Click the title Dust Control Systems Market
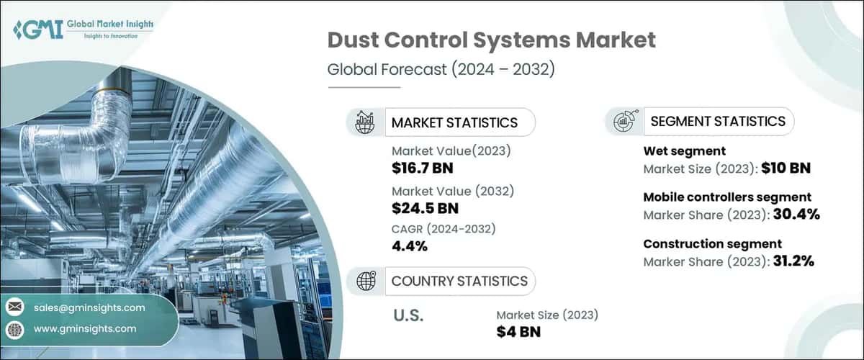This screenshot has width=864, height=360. coord(491,40)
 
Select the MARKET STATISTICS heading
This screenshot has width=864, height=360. coord(454,122)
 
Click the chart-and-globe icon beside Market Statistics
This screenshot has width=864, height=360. coord(364,122)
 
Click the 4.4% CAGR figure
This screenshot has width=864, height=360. coord(410,247)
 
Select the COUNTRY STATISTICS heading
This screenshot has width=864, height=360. coord(459,281)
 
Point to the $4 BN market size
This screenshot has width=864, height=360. coord(518,331)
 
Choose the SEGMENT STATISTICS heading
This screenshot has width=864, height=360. coord(717,122)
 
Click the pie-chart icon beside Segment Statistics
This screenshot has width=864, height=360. coord(624,122)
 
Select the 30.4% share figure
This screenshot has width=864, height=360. coord(792,215)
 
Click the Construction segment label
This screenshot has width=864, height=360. coord(712,244)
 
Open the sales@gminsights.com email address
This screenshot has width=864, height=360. coord(89,307)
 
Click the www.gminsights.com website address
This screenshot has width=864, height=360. coord(84,329)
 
